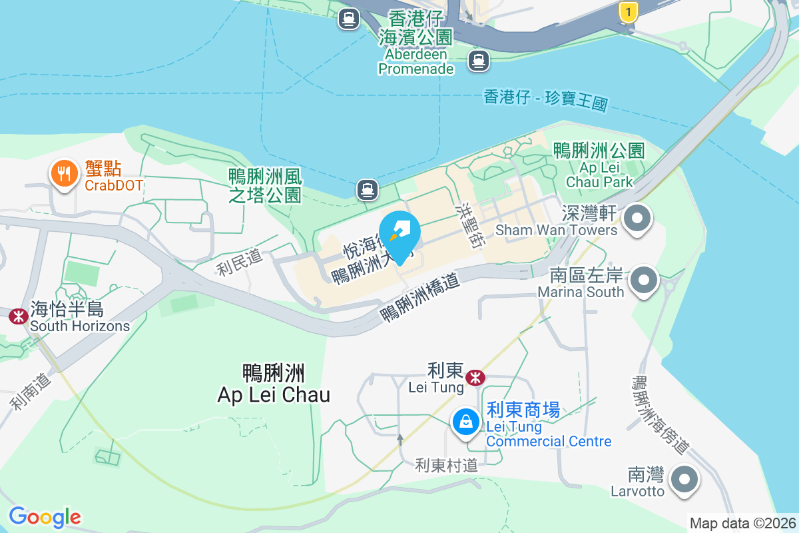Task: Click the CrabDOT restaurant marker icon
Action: [x=64, y=174]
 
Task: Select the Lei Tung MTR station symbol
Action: [x=475, y=378]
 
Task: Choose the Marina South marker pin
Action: [x=644, y=280]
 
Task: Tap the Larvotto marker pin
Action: [x=684, y=479]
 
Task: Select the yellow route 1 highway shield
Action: [x=627, y=11]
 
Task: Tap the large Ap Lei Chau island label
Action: [x=274, y=384]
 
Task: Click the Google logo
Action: [x=45, y=517]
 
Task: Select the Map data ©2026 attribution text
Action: [x=742, y=524]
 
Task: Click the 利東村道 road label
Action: [x=447, y=465]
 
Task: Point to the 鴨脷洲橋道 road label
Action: [x=420, y=299]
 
